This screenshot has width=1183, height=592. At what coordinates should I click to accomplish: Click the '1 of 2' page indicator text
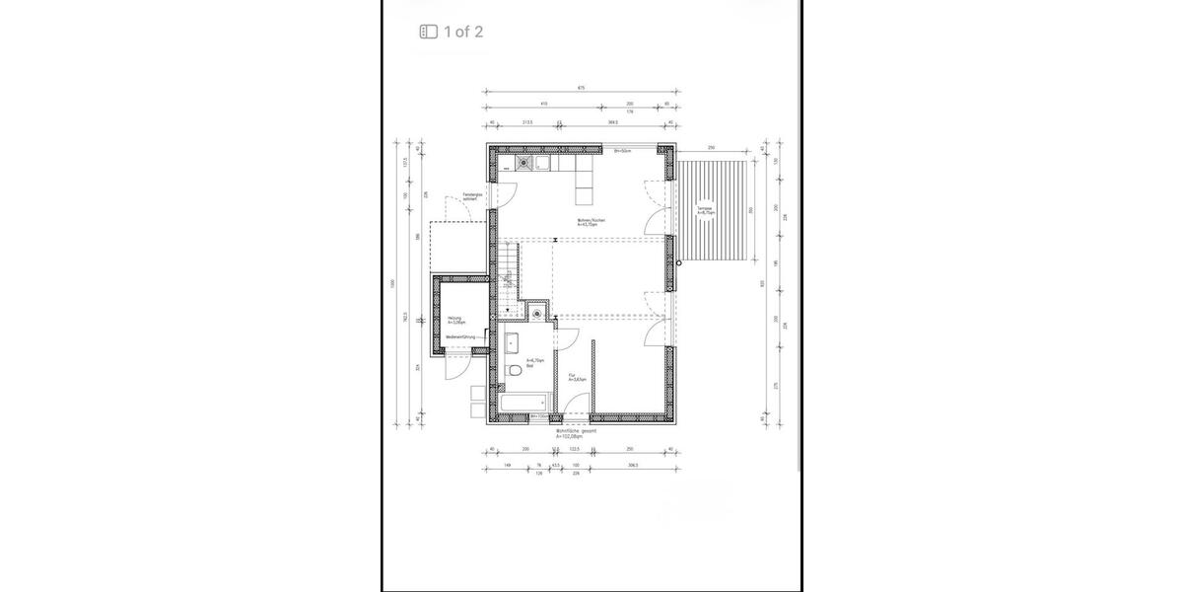click(x=463, y=32)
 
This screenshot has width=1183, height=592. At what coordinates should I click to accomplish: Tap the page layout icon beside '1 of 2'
click(x=428, y=32)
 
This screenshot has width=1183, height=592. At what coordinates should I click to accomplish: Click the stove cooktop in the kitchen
click(x=522, y=164)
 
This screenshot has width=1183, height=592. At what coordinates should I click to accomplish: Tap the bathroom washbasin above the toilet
click(x=513, y=343)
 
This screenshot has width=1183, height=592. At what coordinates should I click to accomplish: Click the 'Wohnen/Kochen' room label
click(x=591, y=222)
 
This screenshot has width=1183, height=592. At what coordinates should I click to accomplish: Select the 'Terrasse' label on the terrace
click(x=704, y=210)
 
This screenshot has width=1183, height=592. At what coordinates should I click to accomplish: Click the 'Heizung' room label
click(x=454, y=320)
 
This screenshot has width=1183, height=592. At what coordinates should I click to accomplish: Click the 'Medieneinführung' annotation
click(x=460, y=337)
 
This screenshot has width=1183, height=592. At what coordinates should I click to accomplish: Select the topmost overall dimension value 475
click(x=582, y=89)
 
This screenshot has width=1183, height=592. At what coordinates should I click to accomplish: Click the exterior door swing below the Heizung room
click(x=455, y=369)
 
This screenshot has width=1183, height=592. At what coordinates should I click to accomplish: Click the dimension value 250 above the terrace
click(x=710, y=148)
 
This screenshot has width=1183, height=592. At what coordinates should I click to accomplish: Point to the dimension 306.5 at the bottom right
click(x=631, y=465)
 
